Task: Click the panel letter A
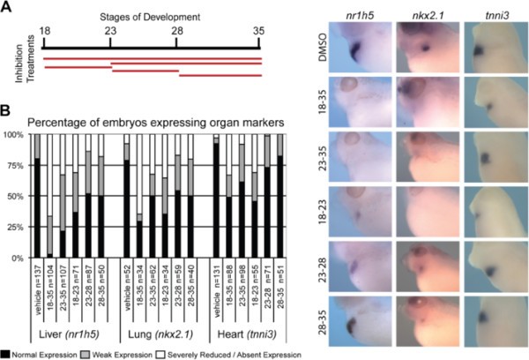point(6,7)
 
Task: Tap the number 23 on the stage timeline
point(109,29)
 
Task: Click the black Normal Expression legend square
point(6,352)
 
